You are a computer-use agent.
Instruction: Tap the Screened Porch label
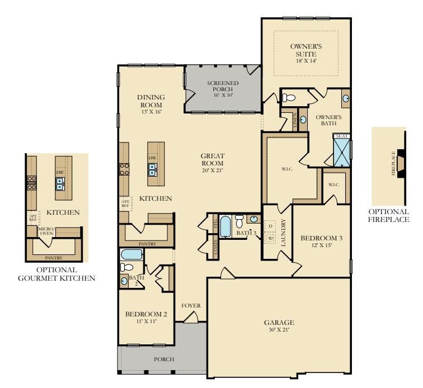[x=223, y=89]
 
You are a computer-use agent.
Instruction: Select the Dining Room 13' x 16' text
[x=151, y=104]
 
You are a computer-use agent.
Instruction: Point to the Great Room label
[x=213, y=163]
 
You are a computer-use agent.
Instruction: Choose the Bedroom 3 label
[x=321, y=242]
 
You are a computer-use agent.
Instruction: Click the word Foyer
[x=191, y=306]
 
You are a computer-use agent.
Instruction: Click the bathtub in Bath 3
[x=225, y=227]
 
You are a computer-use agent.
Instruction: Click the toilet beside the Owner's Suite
[x=289, y=98]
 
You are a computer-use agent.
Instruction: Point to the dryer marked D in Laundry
[x=271, y=226]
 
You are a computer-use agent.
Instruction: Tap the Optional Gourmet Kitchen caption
[x=58, y=273]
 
